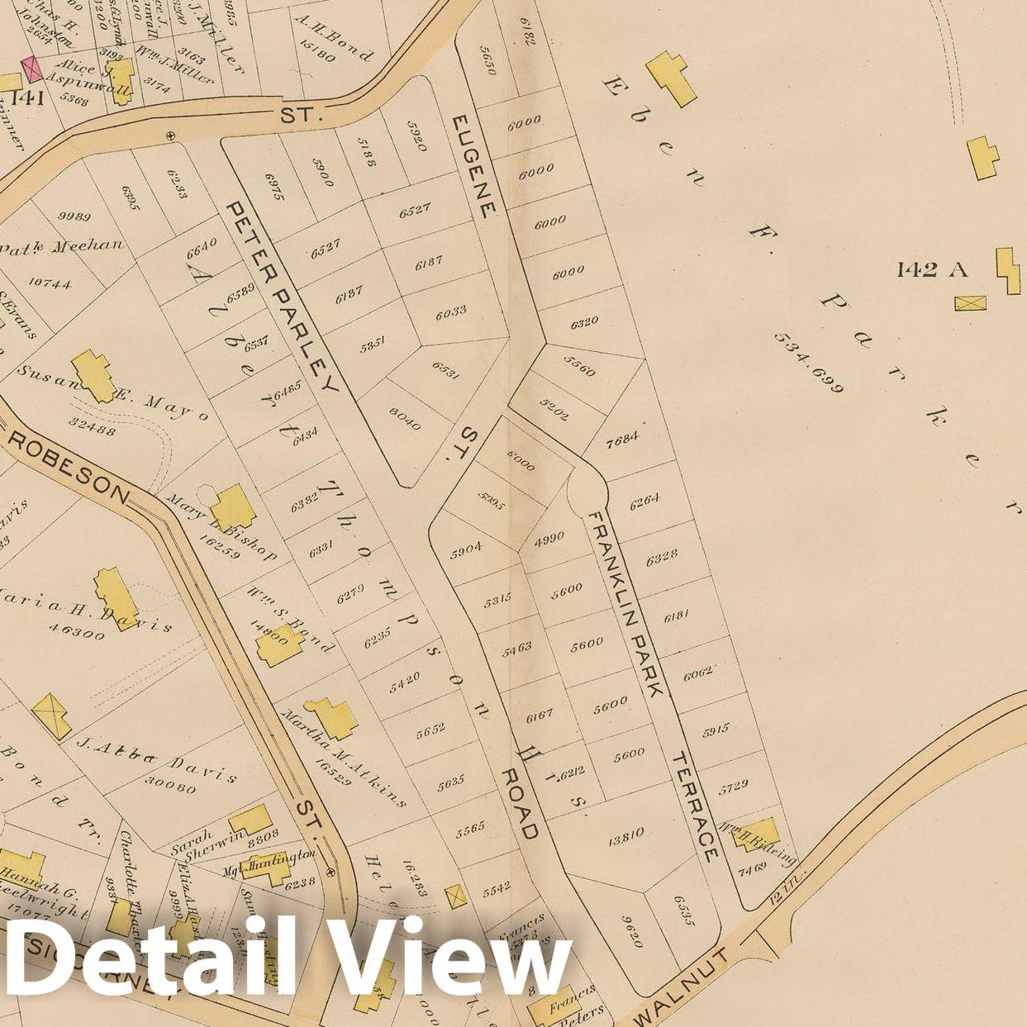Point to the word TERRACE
pos(697,807)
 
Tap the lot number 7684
pos(622,439)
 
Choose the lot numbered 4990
pos(549,538)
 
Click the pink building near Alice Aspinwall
pos(31,69)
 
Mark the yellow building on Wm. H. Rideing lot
pos(756,834)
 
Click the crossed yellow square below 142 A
pos(971,302)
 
